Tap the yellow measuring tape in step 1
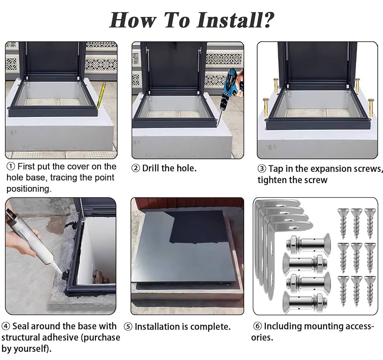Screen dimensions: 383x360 102,96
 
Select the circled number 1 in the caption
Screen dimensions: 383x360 10,166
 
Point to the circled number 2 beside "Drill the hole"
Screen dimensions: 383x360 136,168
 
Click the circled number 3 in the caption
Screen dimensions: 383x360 262,169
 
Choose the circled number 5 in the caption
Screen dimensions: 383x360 128,327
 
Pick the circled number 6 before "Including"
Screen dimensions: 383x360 257,326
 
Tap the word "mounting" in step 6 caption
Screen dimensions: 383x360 323,326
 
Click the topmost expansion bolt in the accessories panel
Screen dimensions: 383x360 304,243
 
